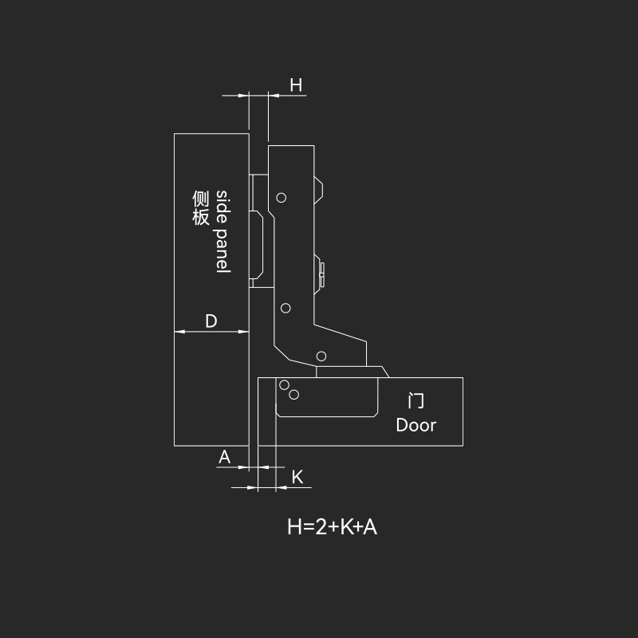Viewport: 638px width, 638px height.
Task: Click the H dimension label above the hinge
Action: (296, 85)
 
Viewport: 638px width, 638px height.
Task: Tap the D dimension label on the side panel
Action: (211, 321)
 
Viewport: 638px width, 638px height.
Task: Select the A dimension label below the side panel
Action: (224, 457)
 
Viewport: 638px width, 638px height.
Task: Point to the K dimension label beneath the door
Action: (297, 477)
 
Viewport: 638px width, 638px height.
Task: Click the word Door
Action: (415, 425)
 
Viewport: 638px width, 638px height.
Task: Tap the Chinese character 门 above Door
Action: (415, 401)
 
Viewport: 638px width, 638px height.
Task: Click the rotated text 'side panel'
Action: (223, 231)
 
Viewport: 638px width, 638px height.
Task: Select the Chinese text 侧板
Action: (201, 207)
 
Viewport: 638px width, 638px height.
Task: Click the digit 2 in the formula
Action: (321, 526)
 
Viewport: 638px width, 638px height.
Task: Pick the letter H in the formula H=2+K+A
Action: (294, 526)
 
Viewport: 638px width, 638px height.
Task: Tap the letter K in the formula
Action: (346, 526)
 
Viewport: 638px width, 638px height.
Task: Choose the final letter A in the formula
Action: (370, 526)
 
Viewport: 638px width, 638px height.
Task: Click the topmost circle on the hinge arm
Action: (282, 198)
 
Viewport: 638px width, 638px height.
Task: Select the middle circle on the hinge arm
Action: (286, 308)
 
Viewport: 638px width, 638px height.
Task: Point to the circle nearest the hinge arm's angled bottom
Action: (321, 356)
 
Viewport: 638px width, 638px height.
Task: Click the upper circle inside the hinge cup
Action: (285, 385)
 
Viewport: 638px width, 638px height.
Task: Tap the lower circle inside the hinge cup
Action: (293, 394)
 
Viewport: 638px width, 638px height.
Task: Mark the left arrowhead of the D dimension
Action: (179, 332)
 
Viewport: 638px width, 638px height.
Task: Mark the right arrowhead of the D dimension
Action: (244, 332)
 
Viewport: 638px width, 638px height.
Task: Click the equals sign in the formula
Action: (309, 527)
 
